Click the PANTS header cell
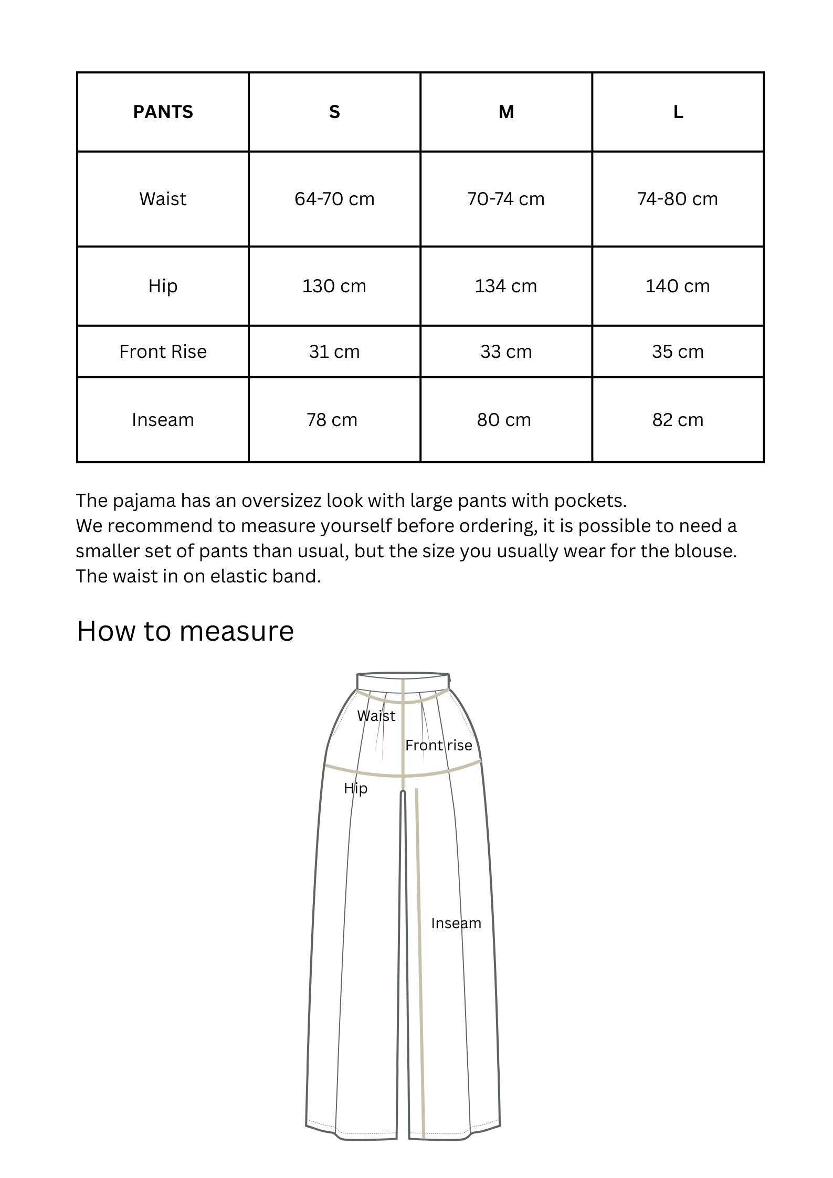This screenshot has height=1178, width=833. (163, 112)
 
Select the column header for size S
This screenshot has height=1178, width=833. (334, 112)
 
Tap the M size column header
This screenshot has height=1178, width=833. (506, 112)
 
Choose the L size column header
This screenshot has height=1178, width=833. (678, 112)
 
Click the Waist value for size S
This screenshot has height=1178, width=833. (334, 199)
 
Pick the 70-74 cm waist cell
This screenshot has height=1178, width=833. (506, 199)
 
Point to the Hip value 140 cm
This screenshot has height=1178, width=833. (678, 286)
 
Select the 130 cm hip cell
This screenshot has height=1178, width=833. (334, 286)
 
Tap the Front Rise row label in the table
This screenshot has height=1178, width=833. (163, 352)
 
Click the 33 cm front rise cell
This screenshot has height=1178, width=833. (506, 352)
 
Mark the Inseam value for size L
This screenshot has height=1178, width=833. (678, 420)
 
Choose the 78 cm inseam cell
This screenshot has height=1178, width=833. (332, 420)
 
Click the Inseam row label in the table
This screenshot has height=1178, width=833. (163, 420)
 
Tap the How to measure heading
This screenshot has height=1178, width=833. (185, 631)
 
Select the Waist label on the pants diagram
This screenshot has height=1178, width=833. (376, 716)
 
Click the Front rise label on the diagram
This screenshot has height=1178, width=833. (439, 745)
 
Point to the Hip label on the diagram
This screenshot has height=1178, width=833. (355, 788)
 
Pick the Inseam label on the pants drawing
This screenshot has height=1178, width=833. (456, 923)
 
